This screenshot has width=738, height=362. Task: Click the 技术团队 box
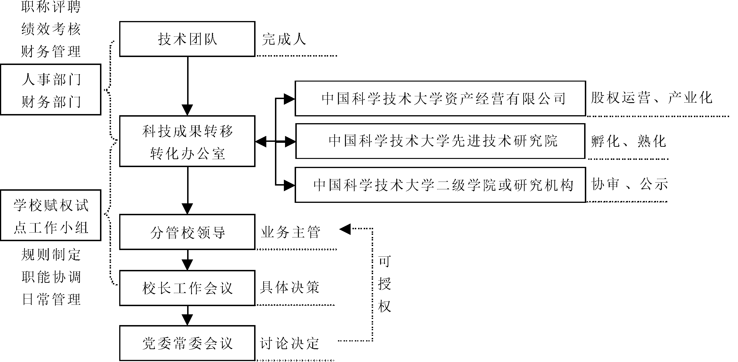pos(187,39)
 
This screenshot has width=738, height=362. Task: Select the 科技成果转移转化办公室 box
pos(187,141)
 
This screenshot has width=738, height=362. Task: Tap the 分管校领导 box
pos(187,232)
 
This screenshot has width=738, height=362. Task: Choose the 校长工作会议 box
pos(187,288)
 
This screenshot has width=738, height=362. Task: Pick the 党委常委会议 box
pos(187,343)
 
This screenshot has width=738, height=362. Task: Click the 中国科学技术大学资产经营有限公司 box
pos(440,99)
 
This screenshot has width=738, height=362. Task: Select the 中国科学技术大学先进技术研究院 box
pos(440,141)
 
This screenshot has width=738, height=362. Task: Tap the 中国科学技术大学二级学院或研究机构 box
pos(440,185)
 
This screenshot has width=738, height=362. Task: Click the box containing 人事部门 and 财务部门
pos(51,90)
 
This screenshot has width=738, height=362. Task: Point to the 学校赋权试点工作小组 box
pos(51,215)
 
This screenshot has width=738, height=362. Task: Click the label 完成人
pos(284,39)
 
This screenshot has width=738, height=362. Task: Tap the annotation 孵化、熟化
pos(629,141)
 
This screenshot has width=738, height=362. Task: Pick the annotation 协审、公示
pos(629,184)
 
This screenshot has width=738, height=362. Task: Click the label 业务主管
pos(290,232)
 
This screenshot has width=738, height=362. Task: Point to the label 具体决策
pos(289,287)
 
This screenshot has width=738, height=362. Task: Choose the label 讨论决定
pos(289,343)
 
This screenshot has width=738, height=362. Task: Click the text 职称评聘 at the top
pos(51,7)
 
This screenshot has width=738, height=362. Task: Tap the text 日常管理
pos(51,299)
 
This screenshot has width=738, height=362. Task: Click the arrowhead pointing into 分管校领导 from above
pos(187,209)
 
